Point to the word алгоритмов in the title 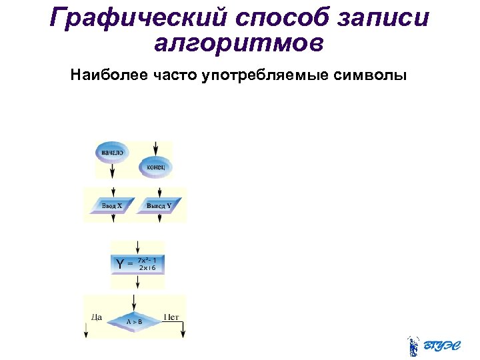(239, 43)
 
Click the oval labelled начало (112, 152)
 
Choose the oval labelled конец (155, 167)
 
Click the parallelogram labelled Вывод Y (159, 205)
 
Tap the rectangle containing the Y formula (137, 264)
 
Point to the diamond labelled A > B (135, 321)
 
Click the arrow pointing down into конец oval (155, 149)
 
